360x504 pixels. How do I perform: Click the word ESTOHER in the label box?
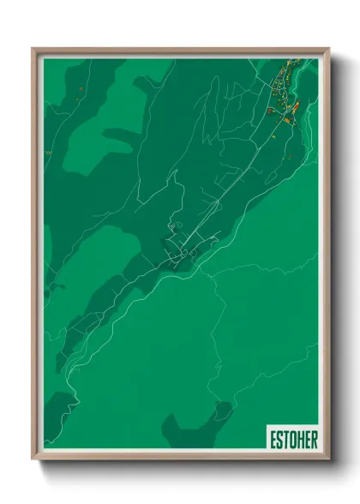tap(292, 438)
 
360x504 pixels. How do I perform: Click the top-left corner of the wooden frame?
tap(33, 48)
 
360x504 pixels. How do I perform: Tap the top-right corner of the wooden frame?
tap(327, 48)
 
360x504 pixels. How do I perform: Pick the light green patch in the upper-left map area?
tap(86, 129)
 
